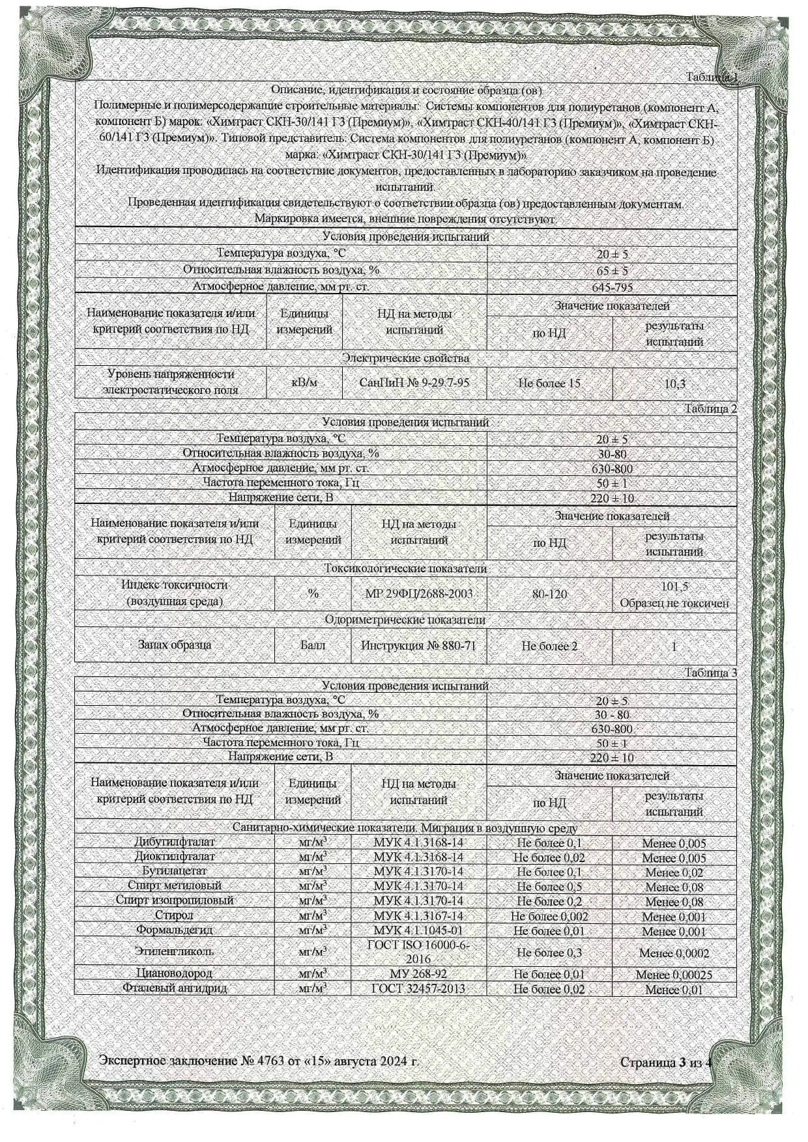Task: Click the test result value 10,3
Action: tap(674, 383)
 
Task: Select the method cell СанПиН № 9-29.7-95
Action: tap(414, 383)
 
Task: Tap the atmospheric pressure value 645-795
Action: tap(612, 287)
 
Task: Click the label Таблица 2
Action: tap(710, 409)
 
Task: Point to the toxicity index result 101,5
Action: tap(674, 586)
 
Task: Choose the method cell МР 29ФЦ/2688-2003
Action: tap(419, 594)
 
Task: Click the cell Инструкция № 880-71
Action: tap(418, 646)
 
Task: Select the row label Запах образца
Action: tap(174, 645)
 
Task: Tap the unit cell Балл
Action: tap(313, 646)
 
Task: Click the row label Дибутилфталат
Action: tap(174, 843)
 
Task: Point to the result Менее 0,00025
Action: tap(674, 975)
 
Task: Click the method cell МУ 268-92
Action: tap(418, 974)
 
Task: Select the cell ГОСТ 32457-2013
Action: tap(418, 988)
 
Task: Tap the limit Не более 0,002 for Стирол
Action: tap(549, 916)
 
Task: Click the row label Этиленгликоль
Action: tap(174, 951)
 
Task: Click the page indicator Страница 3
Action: tap(653, 1063)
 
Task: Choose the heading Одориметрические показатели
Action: tap(405, 620)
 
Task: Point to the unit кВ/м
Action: tap(304, 383)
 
